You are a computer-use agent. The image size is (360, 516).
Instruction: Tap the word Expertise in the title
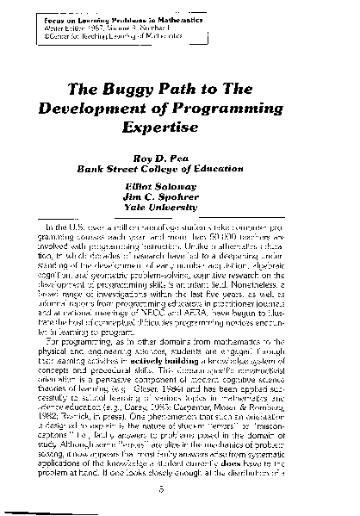point(179,124)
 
